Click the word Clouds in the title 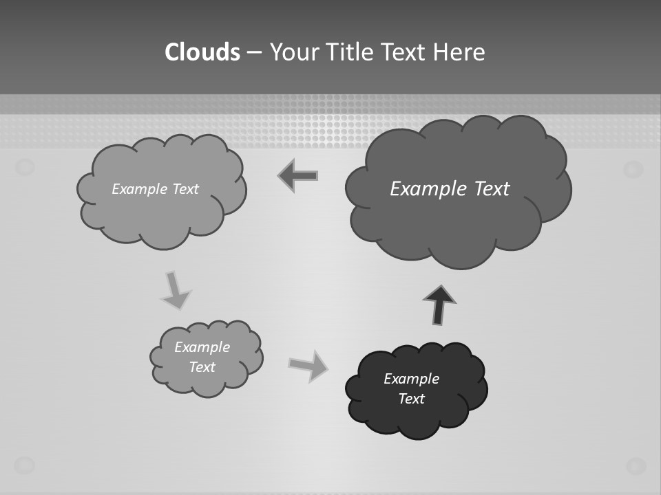202,52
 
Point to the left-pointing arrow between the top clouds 298,176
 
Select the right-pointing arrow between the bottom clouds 308,365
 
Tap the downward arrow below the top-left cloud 175,291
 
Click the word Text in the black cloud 411,399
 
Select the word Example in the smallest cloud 202,347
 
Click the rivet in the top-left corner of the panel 25,166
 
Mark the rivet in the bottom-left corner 25,465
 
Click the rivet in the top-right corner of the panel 633,168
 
